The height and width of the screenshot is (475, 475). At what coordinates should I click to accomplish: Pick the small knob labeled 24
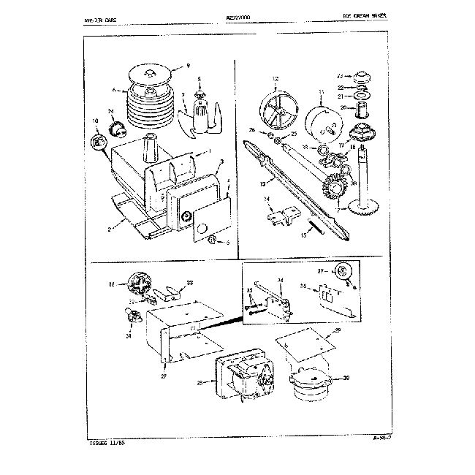tap(115, 129)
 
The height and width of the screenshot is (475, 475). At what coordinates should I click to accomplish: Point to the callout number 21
tap(341, 96)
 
